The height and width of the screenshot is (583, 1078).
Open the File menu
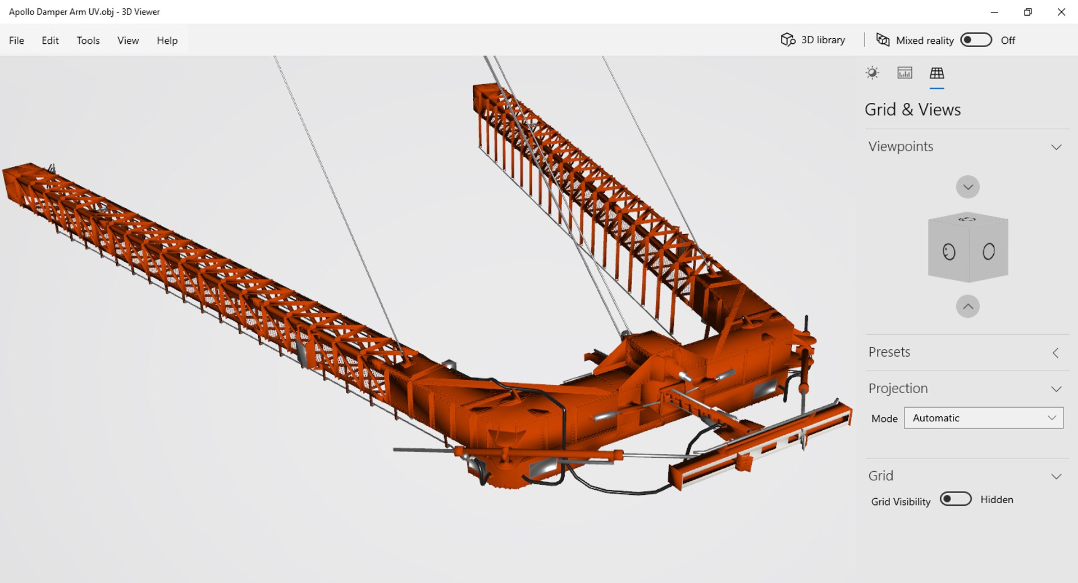click(x=16, y=40)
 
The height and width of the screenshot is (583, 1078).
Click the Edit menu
click(x=50, y=40)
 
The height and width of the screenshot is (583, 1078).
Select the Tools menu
click(x=88, y=40)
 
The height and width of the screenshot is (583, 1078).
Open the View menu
click(x=128, y=40)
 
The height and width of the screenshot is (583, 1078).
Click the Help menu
click(x=167, y=40)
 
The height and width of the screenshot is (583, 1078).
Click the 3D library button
click(x=813, y=40)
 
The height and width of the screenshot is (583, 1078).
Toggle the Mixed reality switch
click(x=976, y=40)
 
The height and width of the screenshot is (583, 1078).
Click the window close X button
click(x=1061, y=12)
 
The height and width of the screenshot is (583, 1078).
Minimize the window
click(x=994, y=12)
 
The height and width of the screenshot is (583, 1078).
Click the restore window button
click(x=1027, y=12)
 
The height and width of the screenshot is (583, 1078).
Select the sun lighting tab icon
click(x=872, y=73)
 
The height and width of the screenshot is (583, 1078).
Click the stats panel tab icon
click(x=905, y=73)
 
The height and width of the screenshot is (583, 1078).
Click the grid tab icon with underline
click(x=937, y=73)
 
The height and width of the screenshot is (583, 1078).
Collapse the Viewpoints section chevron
click(x=1056, y=147)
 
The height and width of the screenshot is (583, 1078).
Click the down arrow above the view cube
click(x=968, y=187)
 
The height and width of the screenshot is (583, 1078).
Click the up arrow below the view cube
click(x=968, y=307)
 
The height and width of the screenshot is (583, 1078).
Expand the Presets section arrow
click(x=1056, y=353)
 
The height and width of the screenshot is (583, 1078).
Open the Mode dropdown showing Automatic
click(x=984, y=418)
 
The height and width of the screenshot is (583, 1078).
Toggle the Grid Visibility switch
click(x=956, y=499)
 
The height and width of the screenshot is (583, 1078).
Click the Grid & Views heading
click(x=912, y=110)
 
